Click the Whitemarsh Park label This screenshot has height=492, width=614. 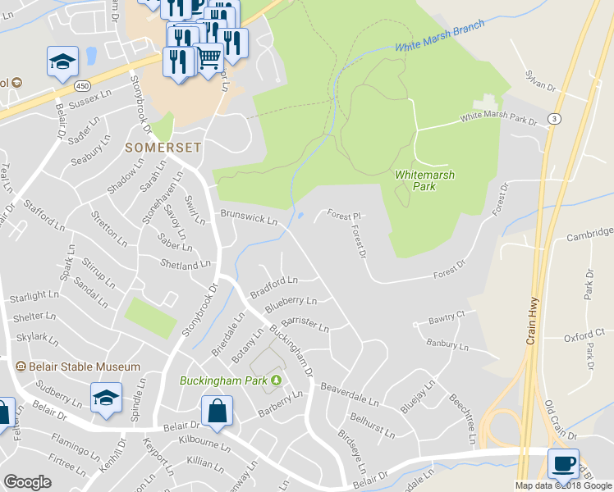424,180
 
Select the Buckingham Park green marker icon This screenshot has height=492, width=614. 276,379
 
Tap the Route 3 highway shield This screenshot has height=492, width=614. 556,118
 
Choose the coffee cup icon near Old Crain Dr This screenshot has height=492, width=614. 563,462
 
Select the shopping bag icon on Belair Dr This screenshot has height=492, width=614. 217,411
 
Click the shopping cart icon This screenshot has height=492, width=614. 210,57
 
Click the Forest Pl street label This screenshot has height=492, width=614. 345,215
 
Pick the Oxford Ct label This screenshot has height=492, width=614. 584,336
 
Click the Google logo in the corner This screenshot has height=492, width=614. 28,482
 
